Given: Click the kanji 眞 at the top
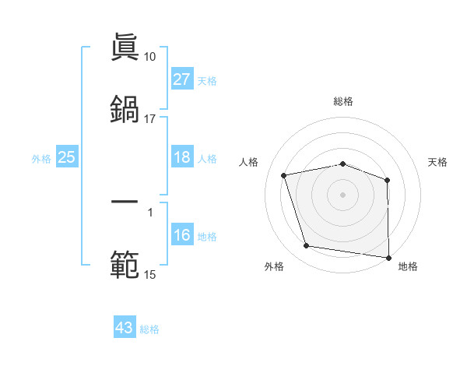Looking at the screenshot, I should [x=125, y=48].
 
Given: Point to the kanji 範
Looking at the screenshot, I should [x=125, y=263].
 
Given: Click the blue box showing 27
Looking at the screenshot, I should [x=181, y=79].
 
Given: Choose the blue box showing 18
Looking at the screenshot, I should [x=181, y=157].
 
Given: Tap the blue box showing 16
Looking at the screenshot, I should [x=181, y=235].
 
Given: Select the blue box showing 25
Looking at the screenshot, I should [x=66, y=157].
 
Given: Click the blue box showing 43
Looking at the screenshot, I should [x=125, y=328].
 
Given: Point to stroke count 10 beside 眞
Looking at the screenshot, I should [x=149, y=57].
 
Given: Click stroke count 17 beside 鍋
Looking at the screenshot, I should [x=149, y=118].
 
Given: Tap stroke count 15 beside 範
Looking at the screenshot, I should [x=149, y=274].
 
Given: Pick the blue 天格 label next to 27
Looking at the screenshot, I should [x=206, y=81].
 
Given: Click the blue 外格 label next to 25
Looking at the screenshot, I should [x=41, y=159].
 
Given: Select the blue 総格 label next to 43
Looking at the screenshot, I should [x=149, y=329].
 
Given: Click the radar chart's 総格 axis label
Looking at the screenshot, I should [x=343, y=101].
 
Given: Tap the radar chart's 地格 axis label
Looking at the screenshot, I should [x=408, y=266].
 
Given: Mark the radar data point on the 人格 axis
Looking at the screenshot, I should [x=284, y=175].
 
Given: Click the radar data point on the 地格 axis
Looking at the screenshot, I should [x=388, y=256].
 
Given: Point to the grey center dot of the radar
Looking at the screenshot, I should [x=343, y=194].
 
